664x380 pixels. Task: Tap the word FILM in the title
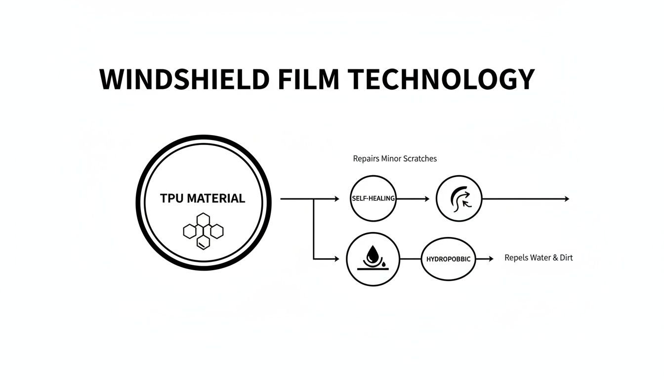308,79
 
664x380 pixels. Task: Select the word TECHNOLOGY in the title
441,79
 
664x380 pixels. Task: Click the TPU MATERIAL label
203,198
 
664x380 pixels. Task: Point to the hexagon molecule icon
203,231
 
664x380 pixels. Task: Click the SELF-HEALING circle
373,198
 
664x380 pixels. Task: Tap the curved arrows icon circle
459,199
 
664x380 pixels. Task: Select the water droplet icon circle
373,259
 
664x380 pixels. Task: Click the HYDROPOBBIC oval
448,259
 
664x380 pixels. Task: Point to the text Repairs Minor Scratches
395,159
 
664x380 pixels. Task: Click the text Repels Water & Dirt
539,258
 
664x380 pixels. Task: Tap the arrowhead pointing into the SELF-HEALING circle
336,199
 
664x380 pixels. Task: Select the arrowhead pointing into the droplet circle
336,259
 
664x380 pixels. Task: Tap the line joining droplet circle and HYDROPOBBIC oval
410,259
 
